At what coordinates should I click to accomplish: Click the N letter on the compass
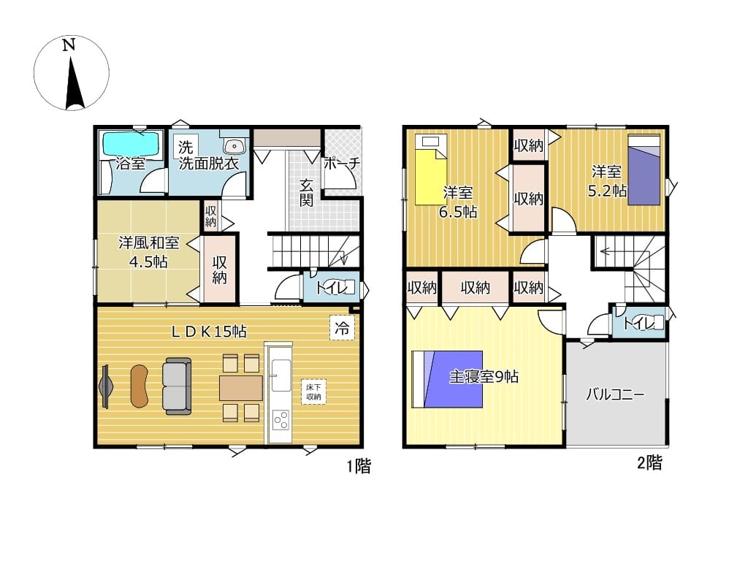point(69,45)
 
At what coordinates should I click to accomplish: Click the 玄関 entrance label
point(306,192)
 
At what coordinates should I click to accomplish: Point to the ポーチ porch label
point(342,163)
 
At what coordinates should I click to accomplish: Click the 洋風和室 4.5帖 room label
point(148,252)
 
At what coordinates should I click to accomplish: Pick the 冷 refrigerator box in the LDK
point(342,328)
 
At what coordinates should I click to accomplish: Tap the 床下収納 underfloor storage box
point(313,392)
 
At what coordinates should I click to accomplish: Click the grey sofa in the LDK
point(177,386)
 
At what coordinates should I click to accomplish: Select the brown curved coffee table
point(140,386)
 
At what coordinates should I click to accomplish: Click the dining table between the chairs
point(241,388)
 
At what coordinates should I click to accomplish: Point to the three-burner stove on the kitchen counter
point(280,420)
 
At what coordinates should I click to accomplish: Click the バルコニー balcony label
point(615,394)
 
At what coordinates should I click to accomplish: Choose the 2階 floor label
point(649,462)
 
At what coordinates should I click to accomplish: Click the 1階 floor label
point(359,466)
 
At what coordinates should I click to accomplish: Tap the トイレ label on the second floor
point(639,324)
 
